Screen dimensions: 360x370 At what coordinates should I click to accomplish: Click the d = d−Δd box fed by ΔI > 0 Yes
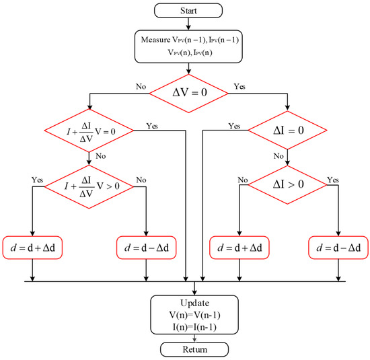338,248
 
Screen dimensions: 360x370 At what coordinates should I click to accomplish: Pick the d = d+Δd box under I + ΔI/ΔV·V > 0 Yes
33,248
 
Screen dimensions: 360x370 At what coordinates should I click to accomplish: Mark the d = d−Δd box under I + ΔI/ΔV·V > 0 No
146,248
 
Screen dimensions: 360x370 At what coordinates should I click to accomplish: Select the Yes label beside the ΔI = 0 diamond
233,127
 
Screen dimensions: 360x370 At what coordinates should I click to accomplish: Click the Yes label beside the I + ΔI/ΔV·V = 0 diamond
151,125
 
